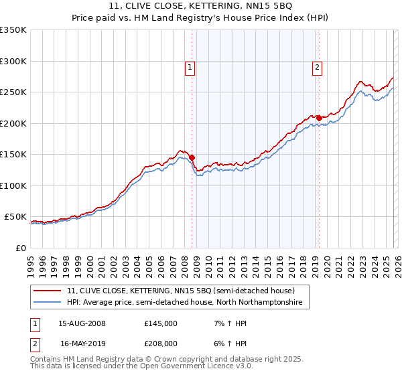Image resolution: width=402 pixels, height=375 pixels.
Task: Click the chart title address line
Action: point(201,8)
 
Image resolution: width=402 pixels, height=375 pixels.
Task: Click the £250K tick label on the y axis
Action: point(13,92)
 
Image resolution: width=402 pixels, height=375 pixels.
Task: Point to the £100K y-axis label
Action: point(13,185)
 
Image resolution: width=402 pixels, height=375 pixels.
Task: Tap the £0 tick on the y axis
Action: point(20,248)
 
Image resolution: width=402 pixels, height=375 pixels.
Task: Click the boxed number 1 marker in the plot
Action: point(190,67)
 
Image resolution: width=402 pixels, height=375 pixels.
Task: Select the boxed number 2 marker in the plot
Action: point(316,67)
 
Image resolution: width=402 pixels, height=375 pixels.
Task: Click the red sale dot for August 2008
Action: point(192,157)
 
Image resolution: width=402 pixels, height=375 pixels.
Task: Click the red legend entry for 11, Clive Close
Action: point(181,291)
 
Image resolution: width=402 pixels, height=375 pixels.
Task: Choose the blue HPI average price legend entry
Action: point(184,303)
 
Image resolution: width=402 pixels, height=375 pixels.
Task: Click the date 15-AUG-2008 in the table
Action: point(82,323)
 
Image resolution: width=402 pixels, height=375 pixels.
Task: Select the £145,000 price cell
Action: point(161,323)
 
